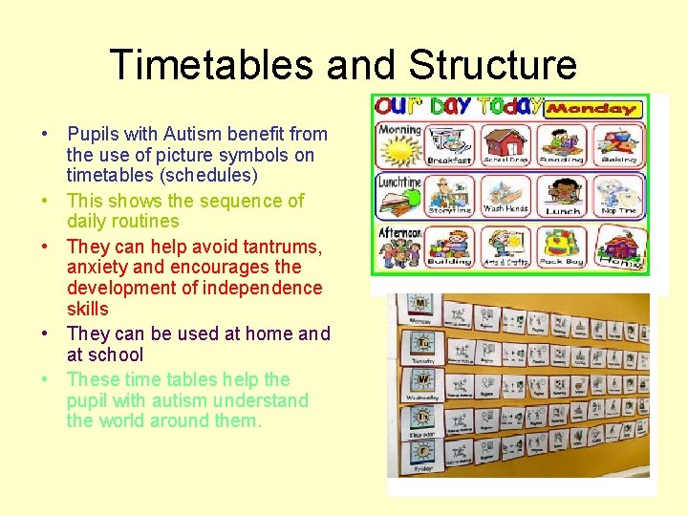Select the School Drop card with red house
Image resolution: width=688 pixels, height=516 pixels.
(x=506, y=144)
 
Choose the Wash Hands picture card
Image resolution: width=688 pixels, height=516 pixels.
(x=506, y=195)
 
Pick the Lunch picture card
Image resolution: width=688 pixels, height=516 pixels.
(x=562, y=195)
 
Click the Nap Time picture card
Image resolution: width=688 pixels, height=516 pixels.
(x=617, y=195)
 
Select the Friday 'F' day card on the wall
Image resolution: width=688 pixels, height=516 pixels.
(x=420, y=451)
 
